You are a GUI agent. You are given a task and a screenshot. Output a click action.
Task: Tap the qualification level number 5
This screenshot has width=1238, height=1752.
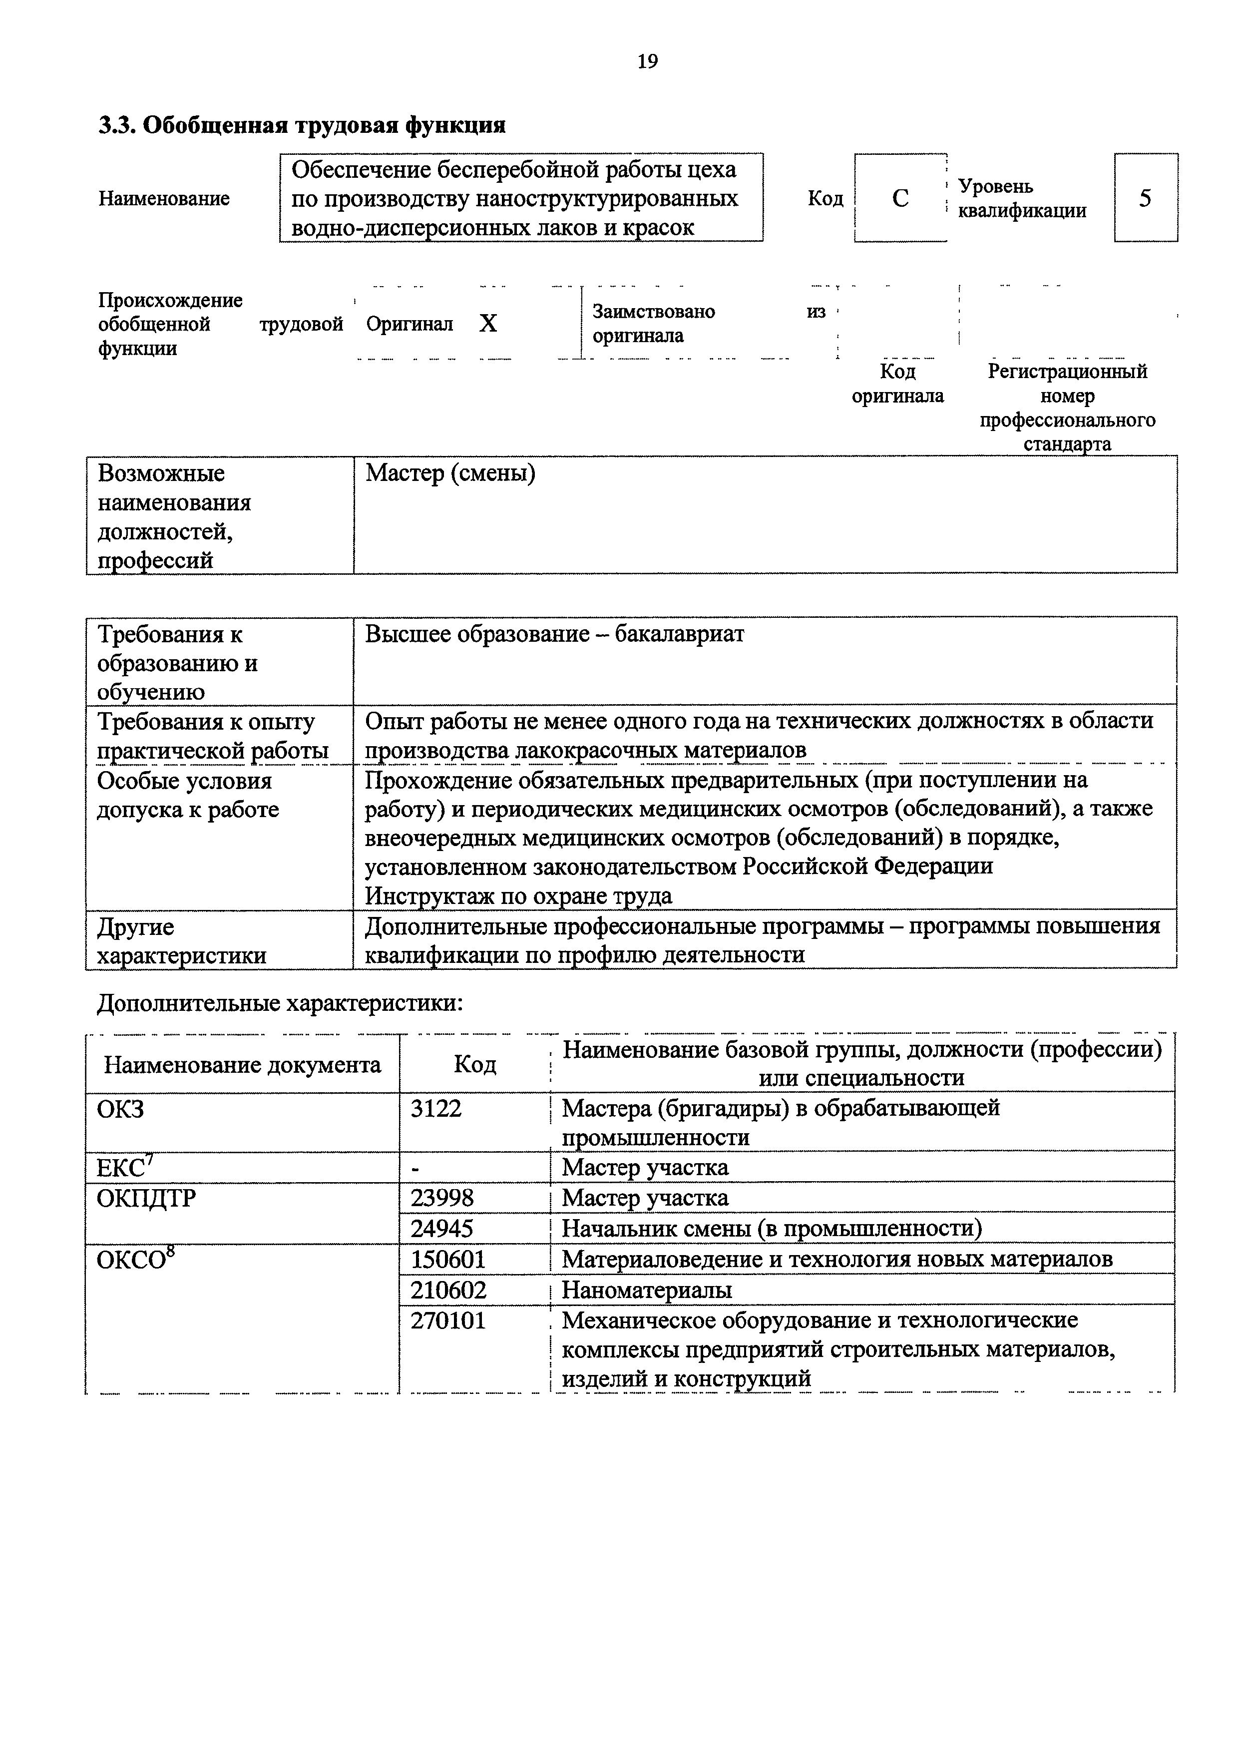pyautogui.click(x=1145, y=198)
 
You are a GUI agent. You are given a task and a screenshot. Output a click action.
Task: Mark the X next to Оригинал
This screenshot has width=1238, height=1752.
pyautogui.click(x=488, y=324)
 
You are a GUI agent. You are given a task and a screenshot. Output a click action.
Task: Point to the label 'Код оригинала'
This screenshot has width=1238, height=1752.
pyautogui.click(x=898, y=384)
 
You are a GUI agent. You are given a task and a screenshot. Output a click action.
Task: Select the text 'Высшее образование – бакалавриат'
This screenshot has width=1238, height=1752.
pyautogui.click(x=554, y=634)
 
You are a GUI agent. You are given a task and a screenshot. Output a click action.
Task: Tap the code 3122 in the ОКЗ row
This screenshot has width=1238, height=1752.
pyautogui.click(x=436, y=1108)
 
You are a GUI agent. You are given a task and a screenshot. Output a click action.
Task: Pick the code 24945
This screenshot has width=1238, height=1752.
pyautogui.click(x=442, y=1228)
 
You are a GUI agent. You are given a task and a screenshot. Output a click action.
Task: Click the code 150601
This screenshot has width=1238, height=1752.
pyautogui.click(x=448, y=1259)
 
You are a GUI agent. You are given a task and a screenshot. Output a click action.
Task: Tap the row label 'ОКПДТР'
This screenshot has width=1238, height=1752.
pyautogui.click(x=146, y=1198)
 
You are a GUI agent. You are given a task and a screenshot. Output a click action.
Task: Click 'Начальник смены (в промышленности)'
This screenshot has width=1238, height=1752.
pyautogui.click(x=772, y=1228)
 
